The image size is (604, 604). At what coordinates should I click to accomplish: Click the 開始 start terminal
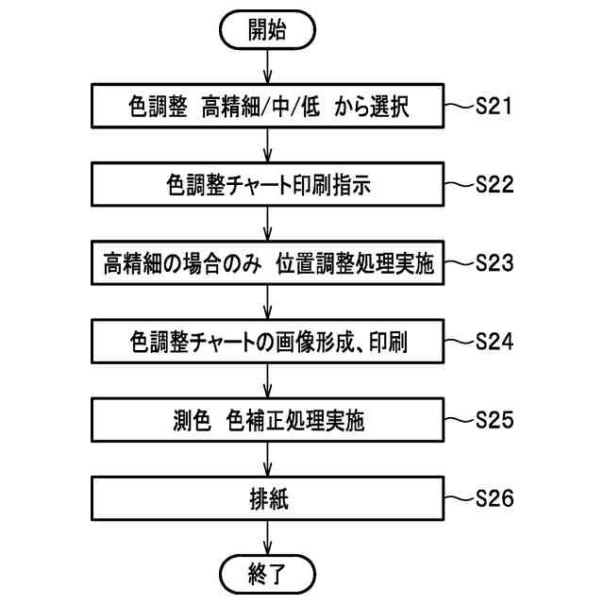(x=268, y=30)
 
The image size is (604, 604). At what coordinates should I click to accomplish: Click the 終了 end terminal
(x=268, y=572)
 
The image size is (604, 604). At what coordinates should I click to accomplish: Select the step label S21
(x=494, y=107)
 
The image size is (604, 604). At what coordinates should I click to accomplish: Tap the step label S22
(x=495, y=184)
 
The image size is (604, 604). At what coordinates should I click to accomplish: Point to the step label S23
(x=495, y=262)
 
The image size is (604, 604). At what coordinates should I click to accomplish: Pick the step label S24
(x=495, y=341)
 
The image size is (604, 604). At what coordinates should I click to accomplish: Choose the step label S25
(x=495, y=418)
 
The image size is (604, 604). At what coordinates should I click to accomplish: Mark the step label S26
(x=495, y=496)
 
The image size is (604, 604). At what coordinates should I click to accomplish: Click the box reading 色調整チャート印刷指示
(x=268, y=185)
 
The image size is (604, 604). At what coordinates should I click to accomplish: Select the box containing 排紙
(x=268, y=497)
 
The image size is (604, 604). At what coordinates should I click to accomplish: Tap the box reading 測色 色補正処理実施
(x=268, y=419)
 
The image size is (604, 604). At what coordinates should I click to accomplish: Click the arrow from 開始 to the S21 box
(x=268, y=66)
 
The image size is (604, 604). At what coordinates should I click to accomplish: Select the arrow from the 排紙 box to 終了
(x=268, y=535)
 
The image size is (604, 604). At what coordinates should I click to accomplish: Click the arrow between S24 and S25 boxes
(x=268, y=379)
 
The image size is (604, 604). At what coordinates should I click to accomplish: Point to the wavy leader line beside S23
(x=458, y=262)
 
